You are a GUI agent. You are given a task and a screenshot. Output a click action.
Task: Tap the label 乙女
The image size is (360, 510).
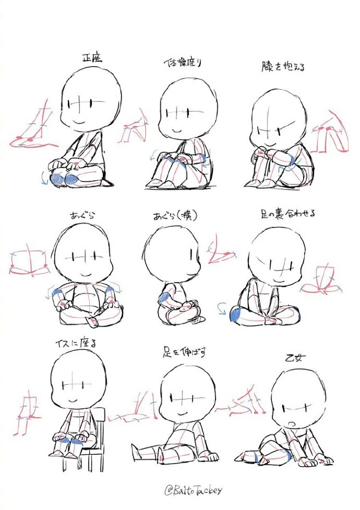point(296,358)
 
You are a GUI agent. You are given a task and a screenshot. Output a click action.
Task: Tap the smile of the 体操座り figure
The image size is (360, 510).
point(177,131)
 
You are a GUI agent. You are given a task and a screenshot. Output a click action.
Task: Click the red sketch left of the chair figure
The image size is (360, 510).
point(25,413)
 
